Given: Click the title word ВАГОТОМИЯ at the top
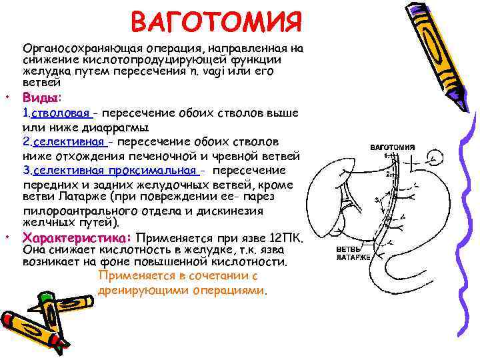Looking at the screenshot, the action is [217, 21].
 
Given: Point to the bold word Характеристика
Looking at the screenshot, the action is [77, 238].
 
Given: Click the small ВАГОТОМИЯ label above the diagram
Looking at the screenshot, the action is [393, 147].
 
